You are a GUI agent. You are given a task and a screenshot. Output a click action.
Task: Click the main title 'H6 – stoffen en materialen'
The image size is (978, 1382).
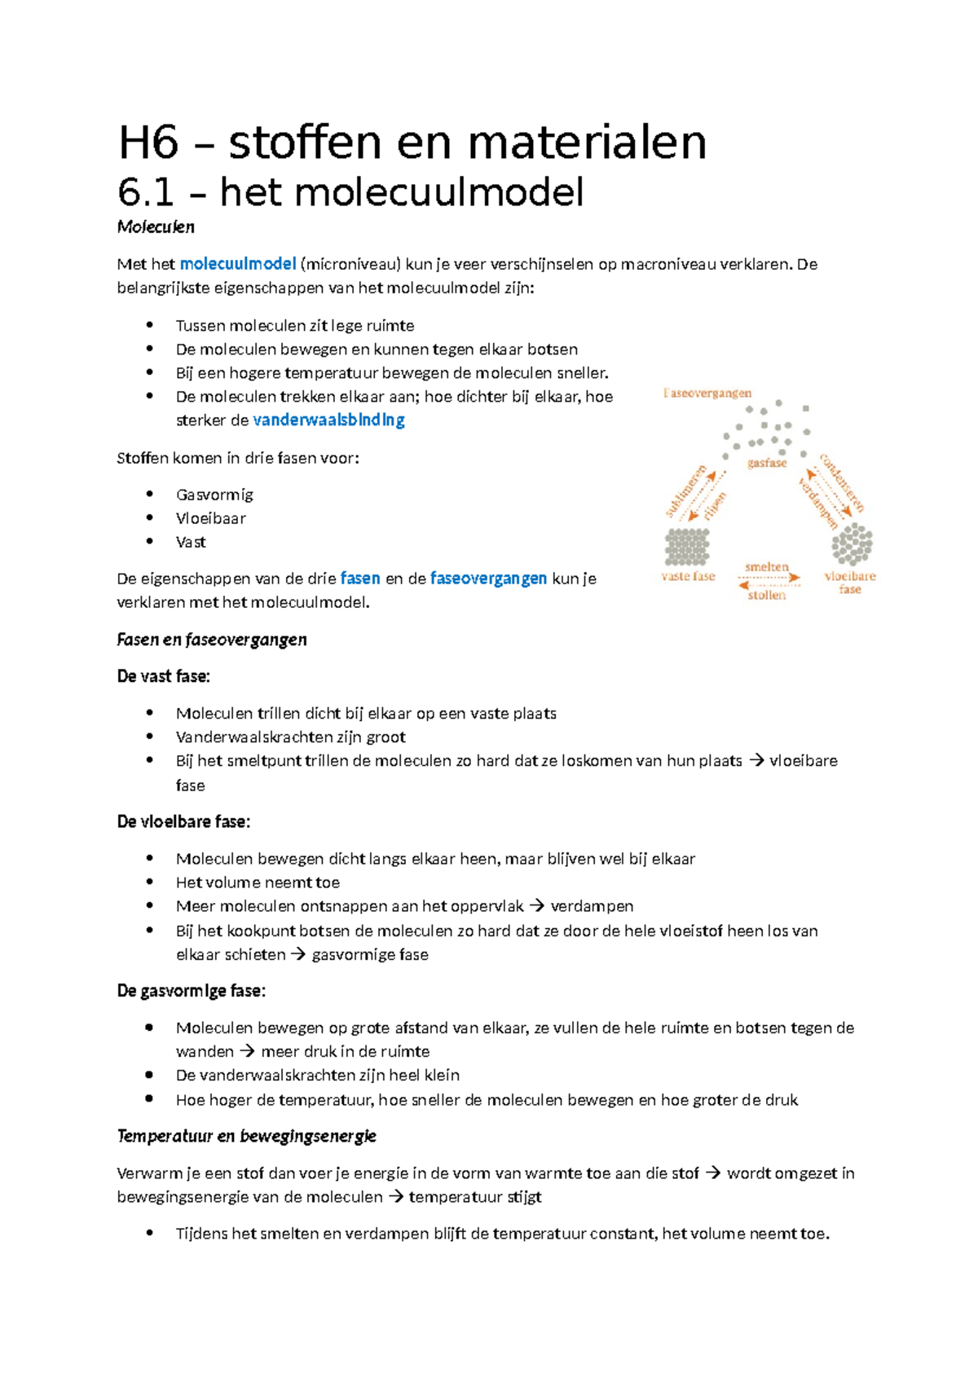(x=412, y=143)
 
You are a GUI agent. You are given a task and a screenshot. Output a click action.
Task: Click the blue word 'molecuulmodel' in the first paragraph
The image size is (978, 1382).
(x=237, y=264)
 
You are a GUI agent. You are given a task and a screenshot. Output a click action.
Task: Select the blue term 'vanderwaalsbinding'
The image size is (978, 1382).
(x=328, y=420)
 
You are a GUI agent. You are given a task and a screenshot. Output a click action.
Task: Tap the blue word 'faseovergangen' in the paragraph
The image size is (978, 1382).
(x=488, y=579)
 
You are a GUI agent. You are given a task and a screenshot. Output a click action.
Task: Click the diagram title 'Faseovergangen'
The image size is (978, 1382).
(x=707, y=394)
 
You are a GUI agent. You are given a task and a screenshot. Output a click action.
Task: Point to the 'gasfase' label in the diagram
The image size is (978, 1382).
(x=767, y=463)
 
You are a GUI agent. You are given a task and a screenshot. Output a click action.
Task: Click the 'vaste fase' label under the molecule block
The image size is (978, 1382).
(x=688, y=576)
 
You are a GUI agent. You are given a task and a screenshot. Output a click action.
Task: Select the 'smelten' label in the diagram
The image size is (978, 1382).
(x=767, y=566)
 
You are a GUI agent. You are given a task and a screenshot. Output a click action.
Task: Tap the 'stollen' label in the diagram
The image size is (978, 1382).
(x=767, y=595)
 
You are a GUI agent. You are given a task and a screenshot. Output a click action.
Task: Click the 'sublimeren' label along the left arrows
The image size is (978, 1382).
(x=685, y=491)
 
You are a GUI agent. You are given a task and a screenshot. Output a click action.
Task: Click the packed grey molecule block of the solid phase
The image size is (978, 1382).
(x=687, y=547)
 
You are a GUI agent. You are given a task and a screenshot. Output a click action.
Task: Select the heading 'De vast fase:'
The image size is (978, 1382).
(x=164, y=676)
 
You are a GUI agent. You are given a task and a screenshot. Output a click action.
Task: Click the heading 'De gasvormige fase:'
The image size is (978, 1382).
(x=192, y=992)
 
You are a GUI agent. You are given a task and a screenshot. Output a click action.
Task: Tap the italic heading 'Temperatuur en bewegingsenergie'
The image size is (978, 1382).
(x=247, y=1136)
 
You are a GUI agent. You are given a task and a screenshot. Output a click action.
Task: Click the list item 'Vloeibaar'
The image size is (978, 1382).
(x=210, y=518)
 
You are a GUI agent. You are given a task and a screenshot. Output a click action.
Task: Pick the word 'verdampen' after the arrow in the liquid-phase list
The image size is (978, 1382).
(x=592, y=906)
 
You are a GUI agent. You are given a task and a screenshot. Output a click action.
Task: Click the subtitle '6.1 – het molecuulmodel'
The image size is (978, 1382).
(x=350, y=193)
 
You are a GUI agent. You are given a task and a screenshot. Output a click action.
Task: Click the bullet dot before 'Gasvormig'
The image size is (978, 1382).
(x=150, y=494)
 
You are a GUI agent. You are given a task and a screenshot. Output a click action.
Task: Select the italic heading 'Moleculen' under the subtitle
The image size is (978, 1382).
(x=156, y=227)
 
